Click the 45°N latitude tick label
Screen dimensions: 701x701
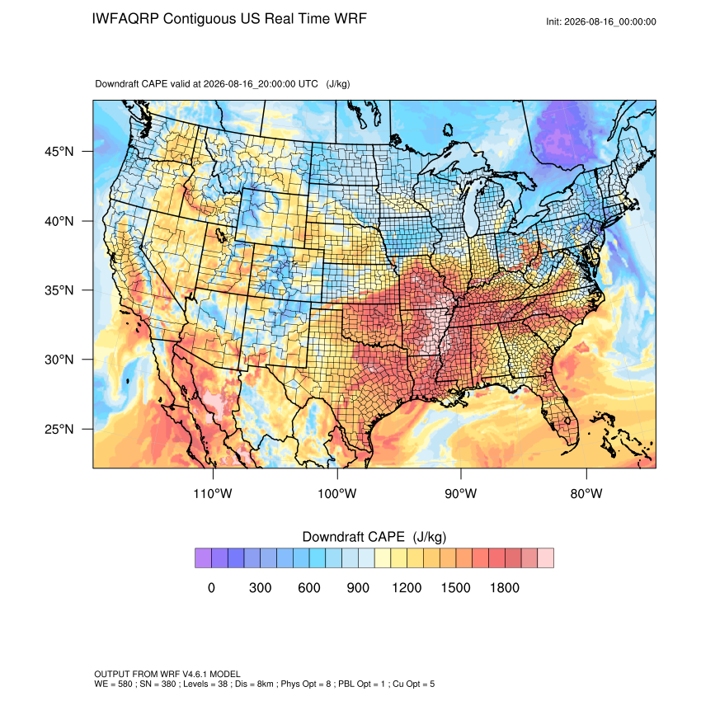pos(59,152)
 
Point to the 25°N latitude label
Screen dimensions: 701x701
pos(59,429)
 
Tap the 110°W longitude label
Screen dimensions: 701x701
pos(213,493)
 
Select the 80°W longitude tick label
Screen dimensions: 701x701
pos(586,493)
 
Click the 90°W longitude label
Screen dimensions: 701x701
pos(461,493)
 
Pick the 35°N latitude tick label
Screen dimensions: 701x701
pos(59,290)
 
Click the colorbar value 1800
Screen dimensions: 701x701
pos(504,587)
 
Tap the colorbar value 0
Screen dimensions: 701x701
pos(211,587)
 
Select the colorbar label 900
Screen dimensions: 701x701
pos(358,587)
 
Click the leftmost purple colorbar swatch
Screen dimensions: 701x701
pos(204,558)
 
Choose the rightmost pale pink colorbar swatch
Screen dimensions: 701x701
pos(546,558)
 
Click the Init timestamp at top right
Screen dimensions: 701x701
pos(601,21)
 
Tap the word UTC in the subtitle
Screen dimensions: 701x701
pos(308,83)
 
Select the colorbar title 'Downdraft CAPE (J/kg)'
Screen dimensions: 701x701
pos(374,537)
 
